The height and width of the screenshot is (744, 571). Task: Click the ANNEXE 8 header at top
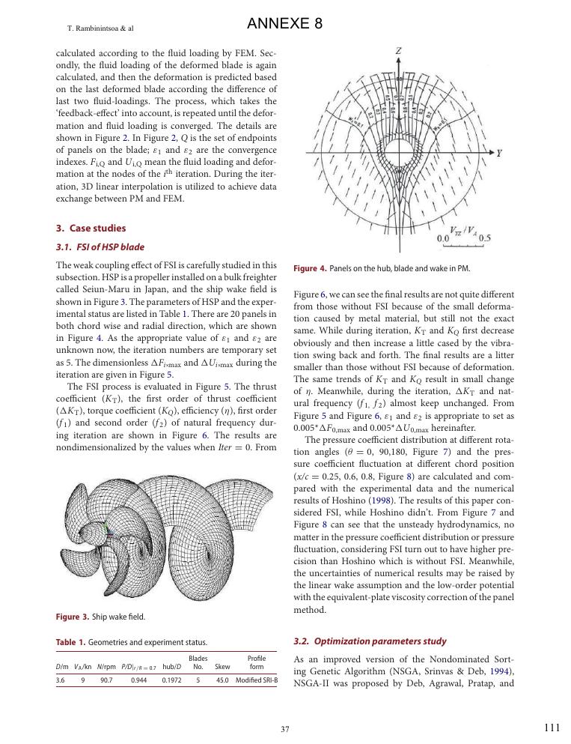pyautogui.click(x=284, y=24)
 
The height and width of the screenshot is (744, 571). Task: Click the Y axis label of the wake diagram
pyautogui.click(x=499, y=152)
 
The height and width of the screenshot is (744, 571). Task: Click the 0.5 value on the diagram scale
pyautogui.click(x=485, y=238)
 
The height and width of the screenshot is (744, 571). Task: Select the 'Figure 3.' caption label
pyautogui.click(x=73, y=617)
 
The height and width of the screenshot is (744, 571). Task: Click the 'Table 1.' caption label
pyautogui.click(x=71, y=642)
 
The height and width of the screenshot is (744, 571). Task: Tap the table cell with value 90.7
pyautogui.click(x=106, y=680)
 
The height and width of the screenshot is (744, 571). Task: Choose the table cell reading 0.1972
pyautogui.click(x=172, y=680)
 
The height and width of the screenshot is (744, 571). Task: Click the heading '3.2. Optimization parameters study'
pyautogui.click(x=370, y=641)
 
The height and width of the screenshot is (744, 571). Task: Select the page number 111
pyautogui.click(x=552, y=728)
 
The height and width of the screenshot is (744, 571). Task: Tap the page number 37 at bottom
pyautogui.click(x=284, y=729)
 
